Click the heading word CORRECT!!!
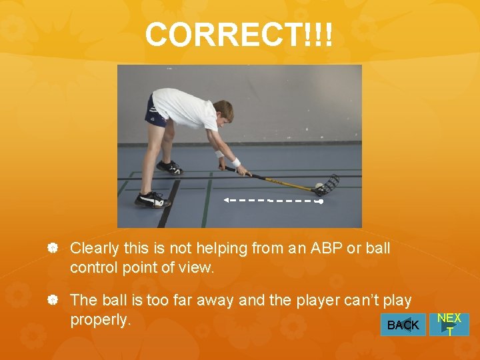point(239,35)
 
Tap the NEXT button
point(449,324)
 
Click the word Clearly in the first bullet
point(94,249)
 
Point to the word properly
point(100,320)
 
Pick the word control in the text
point(93,267)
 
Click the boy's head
point(224,111)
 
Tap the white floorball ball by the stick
point(320,186)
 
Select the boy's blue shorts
point(155,113)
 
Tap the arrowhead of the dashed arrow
point(227,199)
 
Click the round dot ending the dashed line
point(321,200)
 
